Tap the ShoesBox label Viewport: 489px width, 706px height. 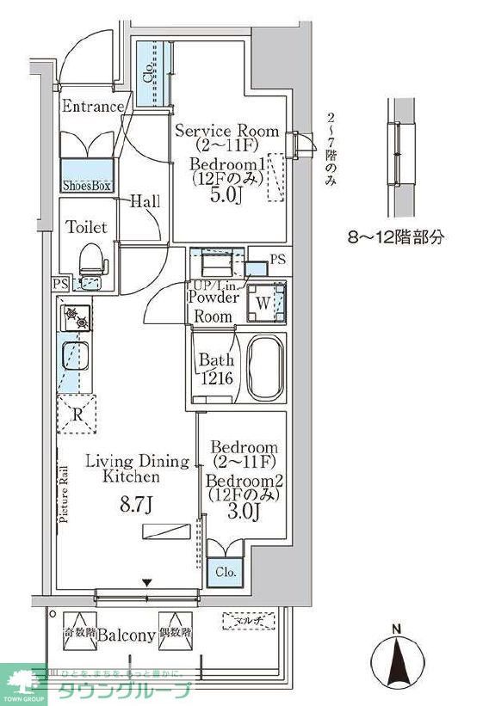click(x=87, y=185)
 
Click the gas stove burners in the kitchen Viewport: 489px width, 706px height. click(x=77, y=320)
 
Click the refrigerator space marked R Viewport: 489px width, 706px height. click(x=77, y=414)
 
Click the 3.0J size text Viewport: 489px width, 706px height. click(x=244, y=513)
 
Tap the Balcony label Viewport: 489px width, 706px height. click(x=125, y=636)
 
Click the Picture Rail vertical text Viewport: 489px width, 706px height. click(x=65, y=494)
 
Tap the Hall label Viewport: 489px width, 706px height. click(x=145, y=202)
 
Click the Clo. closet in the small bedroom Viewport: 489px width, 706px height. click(x=226, y=570)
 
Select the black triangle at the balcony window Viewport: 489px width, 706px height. click(x=146, y=583)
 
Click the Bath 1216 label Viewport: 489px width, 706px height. click(x=215, y=368)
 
